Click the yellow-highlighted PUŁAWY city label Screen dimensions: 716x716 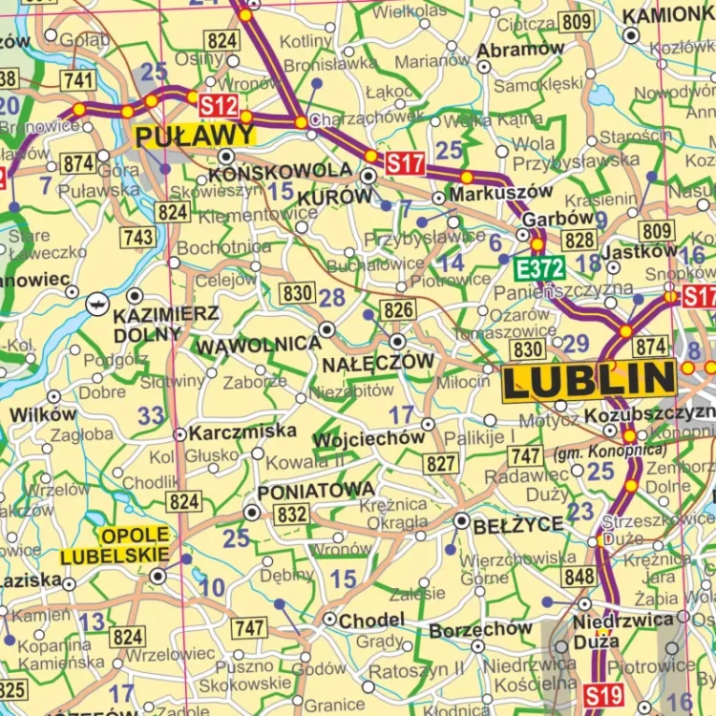pyautogui.click(x=197, y=135)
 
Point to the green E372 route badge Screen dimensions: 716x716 pyautogui.click(x=539, y=268)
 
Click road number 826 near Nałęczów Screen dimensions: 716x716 pyautogui.click(x=398, y=308)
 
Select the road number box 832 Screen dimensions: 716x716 pyautogui.click(x=292, y=515)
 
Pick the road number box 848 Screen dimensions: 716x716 pyautogui.click(x=579, y=577)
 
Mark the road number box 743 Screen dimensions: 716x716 pyautogui.click(x=139, y=237)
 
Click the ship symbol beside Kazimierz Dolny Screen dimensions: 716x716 pyautogui.click(x=96, y=304)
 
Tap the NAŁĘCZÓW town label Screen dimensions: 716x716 pyautogui.click(x=378, y=363)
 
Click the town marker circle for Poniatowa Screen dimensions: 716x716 pyautogui.click(x=251, y=513)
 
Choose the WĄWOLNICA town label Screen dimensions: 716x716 pyautogui.click(x=258, y=344)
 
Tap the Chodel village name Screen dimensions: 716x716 pyautogui.click(x=371, y=621)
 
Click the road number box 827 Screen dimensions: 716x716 pyautogui.click(x=441, y=464)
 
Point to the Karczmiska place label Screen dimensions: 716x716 pyautogui.click(x=242, y=432)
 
